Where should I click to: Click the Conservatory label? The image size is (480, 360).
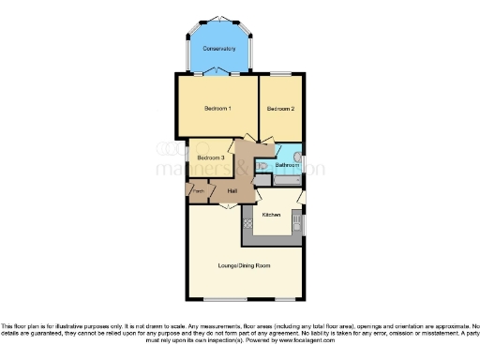[x=218, y=49]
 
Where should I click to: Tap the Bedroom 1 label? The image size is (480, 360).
[x=217, y=109]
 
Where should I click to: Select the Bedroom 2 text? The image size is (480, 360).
[x=280, y=109]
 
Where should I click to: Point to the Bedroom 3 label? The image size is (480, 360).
[x=210, y=157]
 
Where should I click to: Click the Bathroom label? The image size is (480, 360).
[x=286, y=165]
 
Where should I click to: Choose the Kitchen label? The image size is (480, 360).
[x=271, y=215]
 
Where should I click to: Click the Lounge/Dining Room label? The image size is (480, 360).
[x=244, y=266]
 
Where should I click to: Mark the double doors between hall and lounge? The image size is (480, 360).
[x=226, y=204]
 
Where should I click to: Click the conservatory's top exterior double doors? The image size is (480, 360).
[x=218, y=19]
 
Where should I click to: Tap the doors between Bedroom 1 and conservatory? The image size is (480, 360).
[x=218, y=72]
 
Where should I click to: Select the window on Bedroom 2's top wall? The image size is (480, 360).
[x=281, y=73]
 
